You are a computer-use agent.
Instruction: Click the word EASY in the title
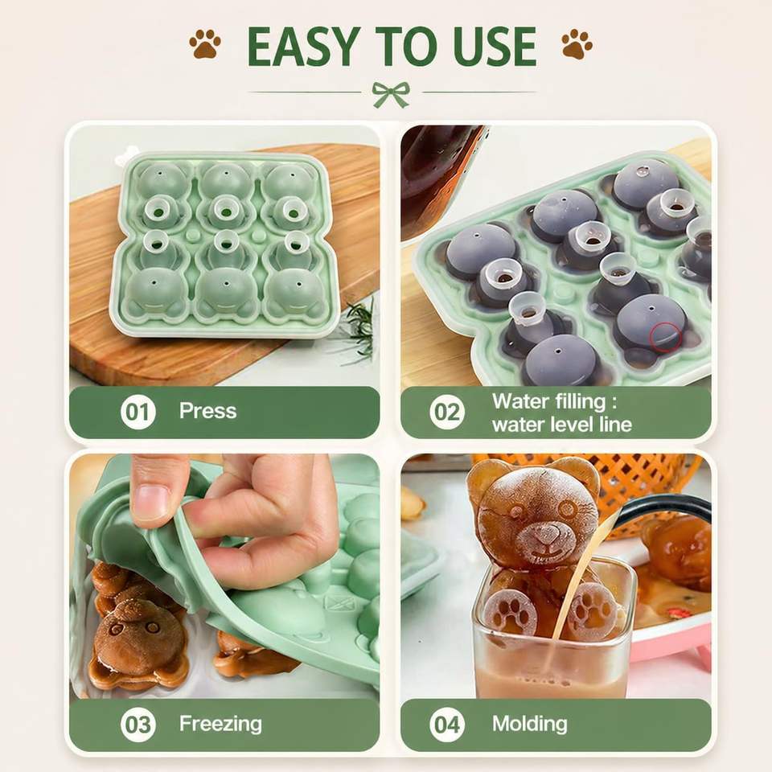point(303,47)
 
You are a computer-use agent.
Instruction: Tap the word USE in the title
point(495,47)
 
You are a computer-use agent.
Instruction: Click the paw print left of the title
point(205,43)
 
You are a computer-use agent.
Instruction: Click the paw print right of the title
point(577,43)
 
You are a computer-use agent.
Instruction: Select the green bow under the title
point(391,94)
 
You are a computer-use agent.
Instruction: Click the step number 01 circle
point(138,412)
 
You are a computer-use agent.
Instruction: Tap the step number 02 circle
point(447,412)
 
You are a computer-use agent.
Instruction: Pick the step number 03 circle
point(138,725)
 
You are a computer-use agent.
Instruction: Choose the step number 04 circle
point(447,725)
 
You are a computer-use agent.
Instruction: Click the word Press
point(207,411)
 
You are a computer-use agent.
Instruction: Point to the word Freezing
point(220,725)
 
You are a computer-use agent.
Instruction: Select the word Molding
point(530,725)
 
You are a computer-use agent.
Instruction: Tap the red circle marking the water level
point(665,337)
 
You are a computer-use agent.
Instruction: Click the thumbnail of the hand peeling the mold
point(224,576)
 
